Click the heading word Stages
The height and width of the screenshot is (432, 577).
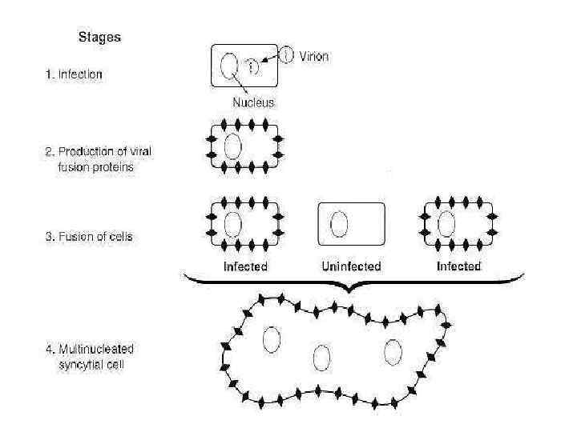(x=99, y=37)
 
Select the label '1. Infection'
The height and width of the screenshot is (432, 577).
(x=73, y=75)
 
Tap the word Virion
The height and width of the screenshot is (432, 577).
(x=313, y=57)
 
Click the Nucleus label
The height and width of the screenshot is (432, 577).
(x=253, y=102)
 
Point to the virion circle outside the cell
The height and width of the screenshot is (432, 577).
(x=287, y=54)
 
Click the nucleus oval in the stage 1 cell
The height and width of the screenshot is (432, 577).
(x=228, y=66)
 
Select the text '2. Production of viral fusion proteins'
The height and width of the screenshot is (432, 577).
(x=88, y=160)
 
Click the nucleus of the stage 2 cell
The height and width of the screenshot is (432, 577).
(x=233, y=146)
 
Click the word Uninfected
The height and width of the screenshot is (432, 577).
(x=350, y=266)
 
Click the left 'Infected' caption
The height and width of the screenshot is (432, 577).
(x=244, y=266)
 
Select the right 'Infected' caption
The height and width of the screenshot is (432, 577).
(x=458, y=266)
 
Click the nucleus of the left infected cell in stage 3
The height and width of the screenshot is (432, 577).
(x=233, y=224)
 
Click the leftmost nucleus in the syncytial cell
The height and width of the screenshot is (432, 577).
(x=271, y=339)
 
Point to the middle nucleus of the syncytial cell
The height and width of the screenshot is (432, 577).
(x=322, y=358)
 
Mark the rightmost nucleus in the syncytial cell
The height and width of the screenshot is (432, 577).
(x=393, y=352)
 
